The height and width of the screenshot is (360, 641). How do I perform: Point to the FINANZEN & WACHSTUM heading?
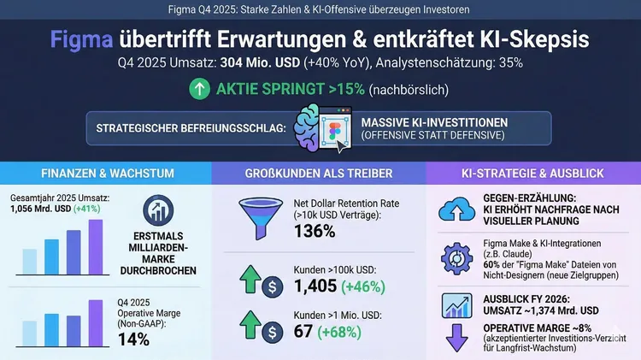(105, 174)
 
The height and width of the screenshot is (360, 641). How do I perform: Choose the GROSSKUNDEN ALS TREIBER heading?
(319, 174)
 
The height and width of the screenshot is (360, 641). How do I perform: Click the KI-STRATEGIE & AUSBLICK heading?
(532, 174)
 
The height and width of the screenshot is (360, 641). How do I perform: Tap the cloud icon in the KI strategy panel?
(460, 208)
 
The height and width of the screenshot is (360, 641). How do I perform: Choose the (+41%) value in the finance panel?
(85, 208)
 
